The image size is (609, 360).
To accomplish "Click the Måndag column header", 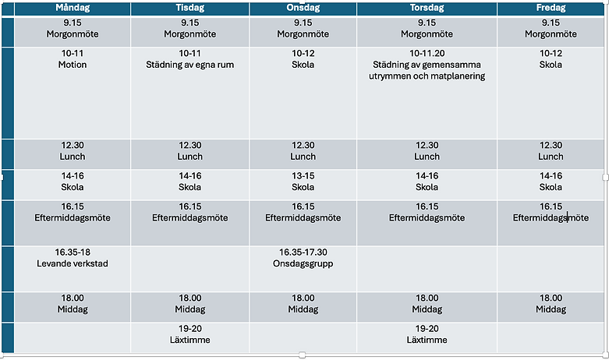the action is [x=73, y=8].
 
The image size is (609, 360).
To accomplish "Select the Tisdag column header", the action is [x=190, y=8].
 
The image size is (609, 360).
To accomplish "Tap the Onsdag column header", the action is [x=303, y=8].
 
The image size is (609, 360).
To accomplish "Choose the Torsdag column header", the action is [x=427, y=8].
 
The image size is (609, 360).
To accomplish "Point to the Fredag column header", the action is [x=551, y=8].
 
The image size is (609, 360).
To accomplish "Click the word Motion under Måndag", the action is [x=73, y=65].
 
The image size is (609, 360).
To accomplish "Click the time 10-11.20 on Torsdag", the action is [x=427, y=53].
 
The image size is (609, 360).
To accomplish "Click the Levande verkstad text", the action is [x=73, y=263].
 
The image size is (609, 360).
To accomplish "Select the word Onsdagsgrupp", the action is [x=303, y=263].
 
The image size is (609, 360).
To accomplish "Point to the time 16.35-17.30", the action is [x=303, y=252].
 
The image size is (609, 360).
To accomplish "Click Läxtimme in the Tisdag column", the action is [x=190, y=340].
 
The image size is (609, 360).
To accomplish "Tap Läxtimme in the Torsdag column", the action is [x=427, y=340].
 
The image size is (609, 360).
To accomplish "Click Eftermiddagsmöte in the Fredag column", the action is [x=551, y=217].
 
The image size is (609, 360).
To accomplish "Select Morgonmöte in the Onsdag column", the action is [x=303, y=34].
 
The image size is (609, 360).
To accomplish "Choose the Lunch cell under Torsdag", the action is [x=427, y=154].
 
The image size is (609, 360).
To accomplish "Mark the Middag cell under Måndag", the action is [x=73, y=307].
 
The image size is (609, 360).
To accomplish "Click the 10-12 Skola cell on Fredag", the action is [x=551, y=93].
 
